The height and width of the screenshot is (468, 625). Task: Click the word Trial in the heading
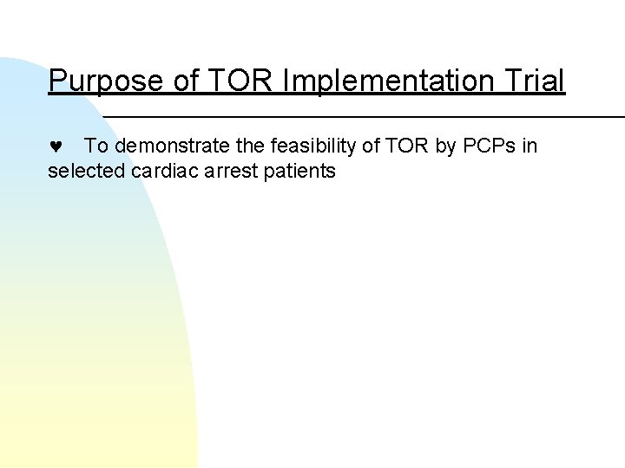coord(531,81)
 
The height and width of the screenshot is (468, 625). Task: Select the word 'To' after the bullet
coord(95,146)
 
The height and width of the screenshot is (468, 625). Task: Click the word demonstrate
coord(168,146)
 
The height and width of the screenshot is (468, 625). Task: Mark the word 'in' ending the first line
coord(530,146)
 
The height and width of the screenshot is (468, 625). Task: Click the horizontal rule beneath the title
coord(365,115)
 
